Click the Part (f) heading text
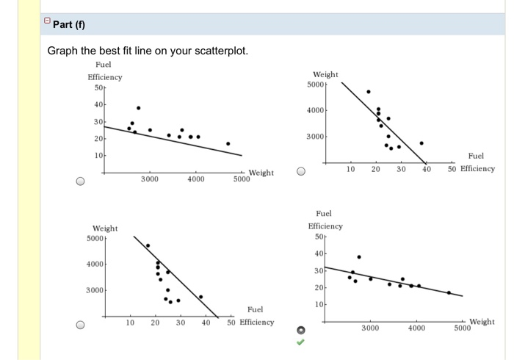[x=70, y=25]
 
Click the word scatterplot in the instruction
[x=219, y=51]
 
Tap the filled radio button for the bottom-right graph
[x=300, y=328]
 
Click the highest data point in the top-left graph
[x=138, y=107]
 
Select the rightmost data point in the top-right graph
[x=421, y=143]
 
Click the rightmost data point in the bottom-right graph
[x=449, y=292]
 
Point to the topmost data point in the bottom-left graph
[x=148, y=245]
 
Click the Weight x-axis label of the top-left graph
[x=261, y=173]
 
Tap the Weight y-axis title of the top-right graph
[x=325, y=74]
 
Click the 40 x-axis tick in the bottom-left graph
[x=206, y=323]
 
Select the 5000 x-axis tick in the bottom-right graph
[x=462, y=328]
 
